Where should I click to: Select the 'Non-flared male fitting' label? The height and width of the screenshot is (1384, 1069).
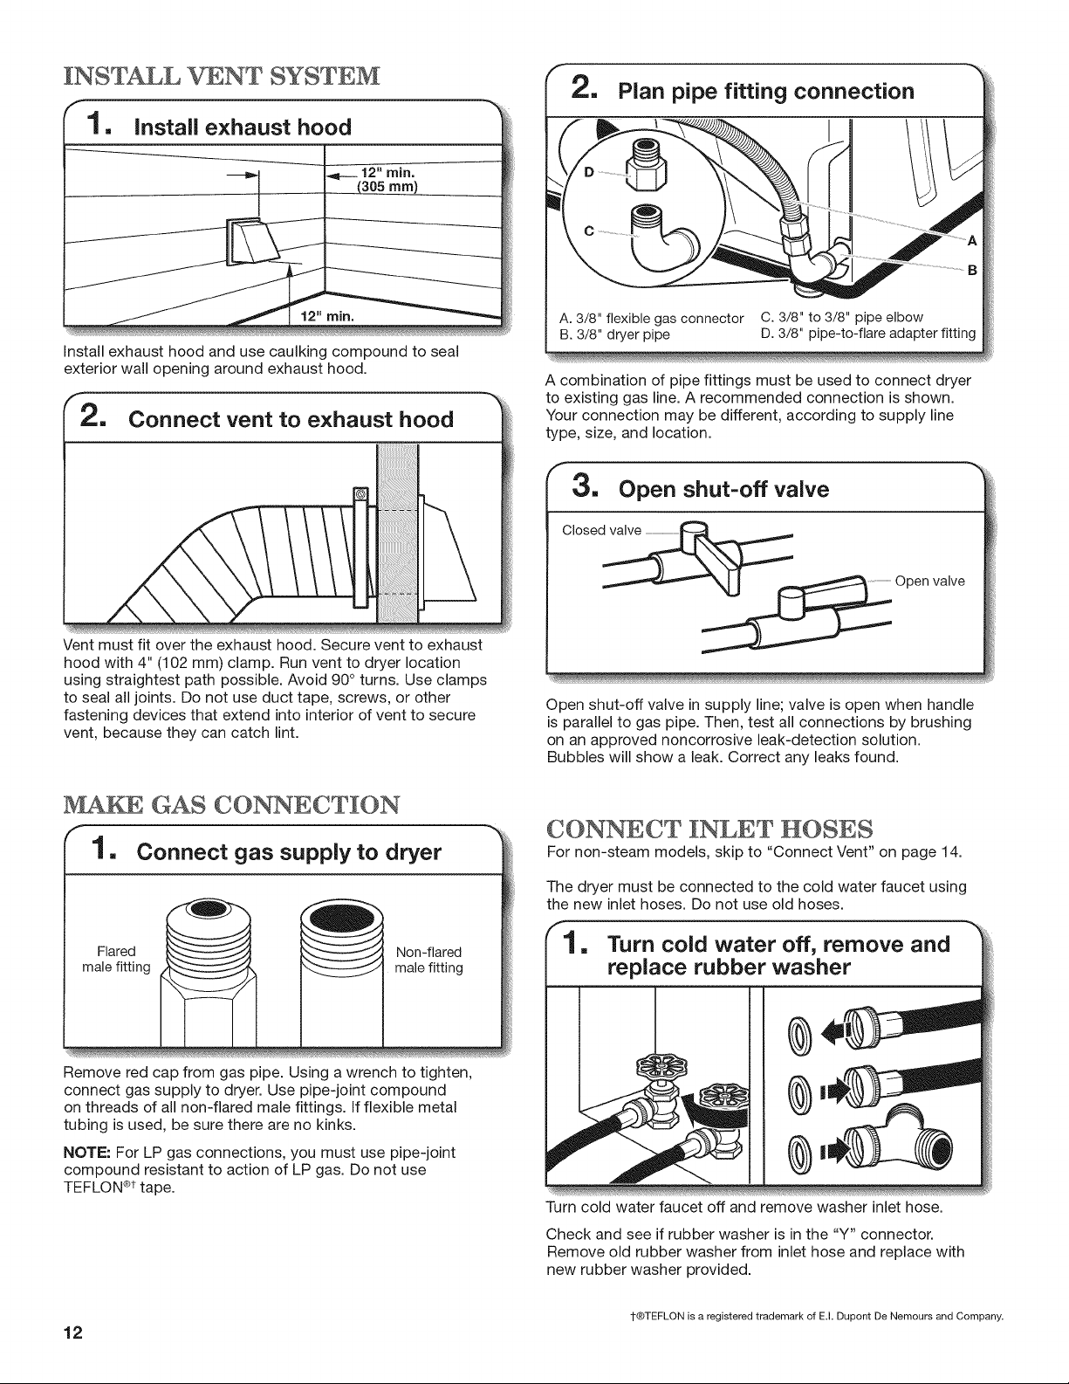click(428, 960)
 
